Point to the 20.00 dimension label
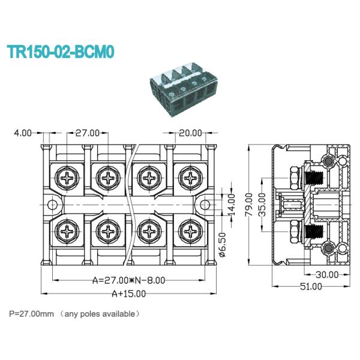pos(190,133)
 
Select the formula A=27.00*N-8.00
pos(128,280)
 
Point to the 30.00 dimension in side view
pos(327,275)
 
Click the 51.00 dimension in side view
pos(311,287)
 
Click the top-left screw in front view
pos(65,178)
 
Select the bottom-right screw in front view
pos(190,230)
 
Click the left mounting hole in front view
pos(52,205)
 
